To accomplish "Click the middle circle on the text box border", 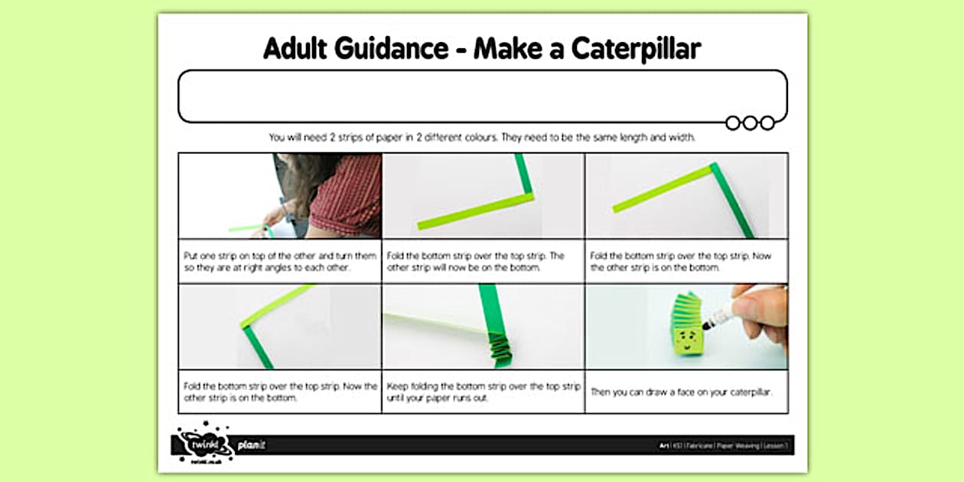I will tap(750, 122).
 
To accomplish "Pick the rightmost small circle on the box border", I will tap(767, 122).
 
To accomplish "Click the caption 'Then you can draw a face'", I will tap(682, 392).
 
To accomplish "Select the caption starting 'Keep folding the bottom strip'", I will tap(483, 392).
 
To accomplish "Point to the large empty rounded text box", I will tap(482, 96).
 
